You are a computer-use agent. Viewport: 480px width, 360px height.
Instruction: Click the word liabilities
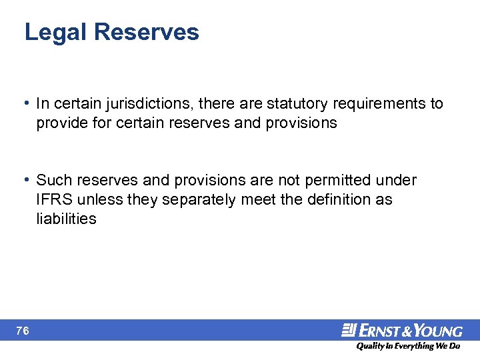click(x=67, y=219)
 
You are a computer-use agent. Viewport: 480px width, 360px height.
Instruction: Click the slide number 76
click(x=24, y=330)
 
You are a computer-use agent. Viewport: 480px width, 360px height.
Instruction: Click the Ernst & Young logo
click(x=402, y=330)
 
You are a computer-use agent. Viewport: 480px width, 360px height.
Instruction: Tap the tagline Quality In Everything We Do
click(x=407, y=347)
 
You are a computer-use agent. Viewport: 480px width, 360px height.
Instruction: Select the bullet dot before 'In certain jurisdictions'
click(x=25, y=104)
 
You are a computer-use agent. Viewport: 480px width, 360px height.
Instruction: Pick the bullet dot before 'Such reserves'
click(x=25, y=180)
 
